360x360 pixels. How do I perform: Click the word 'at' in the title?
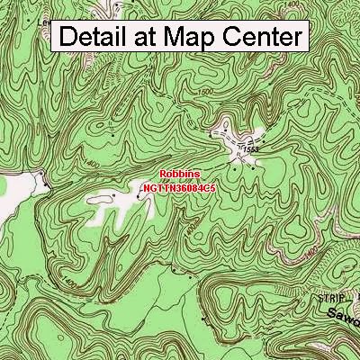click(x=152, y=37)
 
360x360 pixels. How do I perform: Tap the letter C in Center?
click(x=232, y=37)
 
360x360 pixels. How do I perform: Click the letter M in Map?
click(x=179, y=37)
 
